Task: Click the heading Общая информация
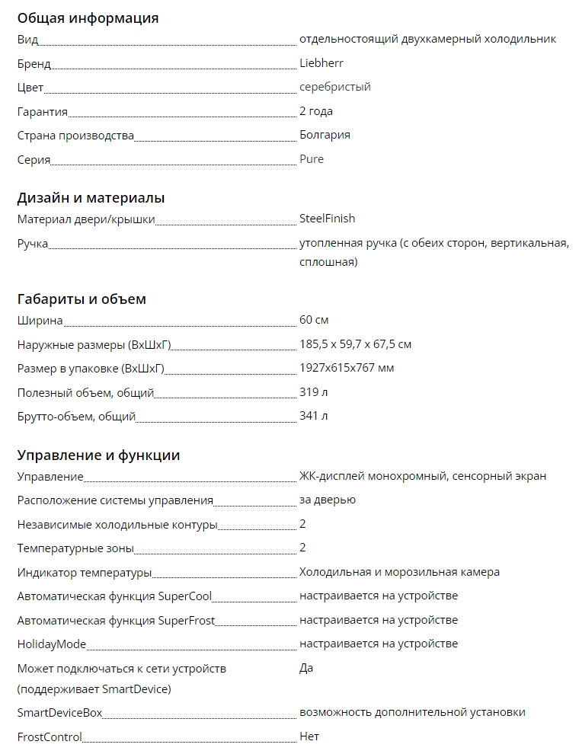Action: pyautogui.click(x=88, y=18)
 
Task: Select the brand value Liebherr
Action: pyautogui.click(x=321, y=63)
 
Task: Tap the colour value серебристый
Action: pyautogui.click(x=334, y=87)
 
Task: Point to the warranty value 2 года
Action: pyautogui.click(x=315, y=111)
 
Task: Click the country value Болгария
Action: pyautogui.click(x=325, y=135)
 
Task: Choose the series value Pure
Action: pyautogui.click(x=311, y=159)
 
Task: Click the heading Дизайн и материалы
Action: pyautogui.click(x=91, y=198)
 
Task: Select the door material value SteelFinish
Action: pyautogui.click(x=327, y=219)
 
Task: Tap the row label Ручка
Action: pyautogui.click(x=33, y=244)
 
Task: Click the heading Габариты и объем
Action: pyautogui.click(x=82, y=299)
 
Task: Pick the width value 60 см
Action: pyautogui.click(x=314, y=320)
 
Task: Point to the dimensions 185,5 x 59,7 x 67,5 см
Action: pyautogui.click(x=355, y=344)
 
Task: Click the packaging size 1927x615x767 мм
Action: pyautogui.click(x=347, y=368)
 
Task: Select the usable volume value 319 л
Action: pyautogui.click(x=313, y=392)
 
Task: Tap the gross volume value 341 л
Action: pyautogui.click(x=313, y=416)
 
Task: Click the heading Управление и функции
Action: pyautogui.click(x=98, y=455)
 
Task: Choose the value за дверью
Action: pyautogui.click(x=327, y=500)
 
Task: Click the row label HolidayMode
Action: pyautogui.click(x=52, y=644)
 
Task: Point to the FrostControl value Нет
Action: pyautogui.click(x=309, y=736)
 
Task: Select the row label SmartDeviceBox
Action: pyautogui.click(x=59, y=713)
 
